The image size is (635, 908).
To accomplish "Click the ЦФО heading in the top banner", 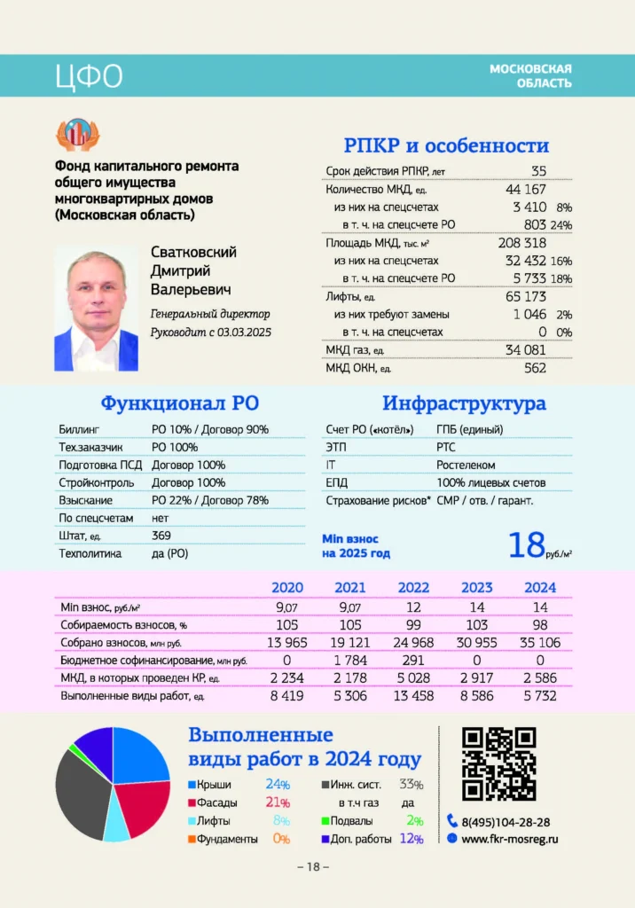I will point(89,77).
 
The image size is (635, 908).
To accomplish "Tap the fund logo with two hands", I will point(78,134).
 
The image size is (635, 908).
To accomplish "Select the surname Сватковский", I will point(193,253).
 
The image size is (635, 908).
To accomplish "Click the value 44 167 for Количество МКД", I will point(525,189).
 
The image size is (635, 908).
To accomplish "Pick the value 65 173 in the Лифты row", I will point(525,296).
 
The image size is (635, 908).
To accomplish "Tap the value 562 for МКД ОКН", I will point(535,368).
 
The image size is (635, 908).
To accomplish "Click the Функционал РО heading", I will point(179,404).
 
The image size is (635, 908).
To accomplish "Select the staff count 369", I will point(161,536).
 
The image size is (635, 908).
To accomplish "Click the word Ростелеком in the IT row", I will point(466,465).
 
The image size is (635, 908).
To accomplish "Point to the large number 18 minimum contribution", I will point(526,544).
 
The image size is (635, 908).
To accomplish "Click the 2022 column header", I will point(413,588).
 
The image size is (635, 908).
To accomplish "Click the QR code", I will point(499,763).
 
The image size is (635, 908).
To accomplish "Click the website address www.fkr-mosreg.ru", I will point(510,838).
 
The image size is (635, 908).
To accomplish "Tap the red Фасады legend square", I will point(192,803).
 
